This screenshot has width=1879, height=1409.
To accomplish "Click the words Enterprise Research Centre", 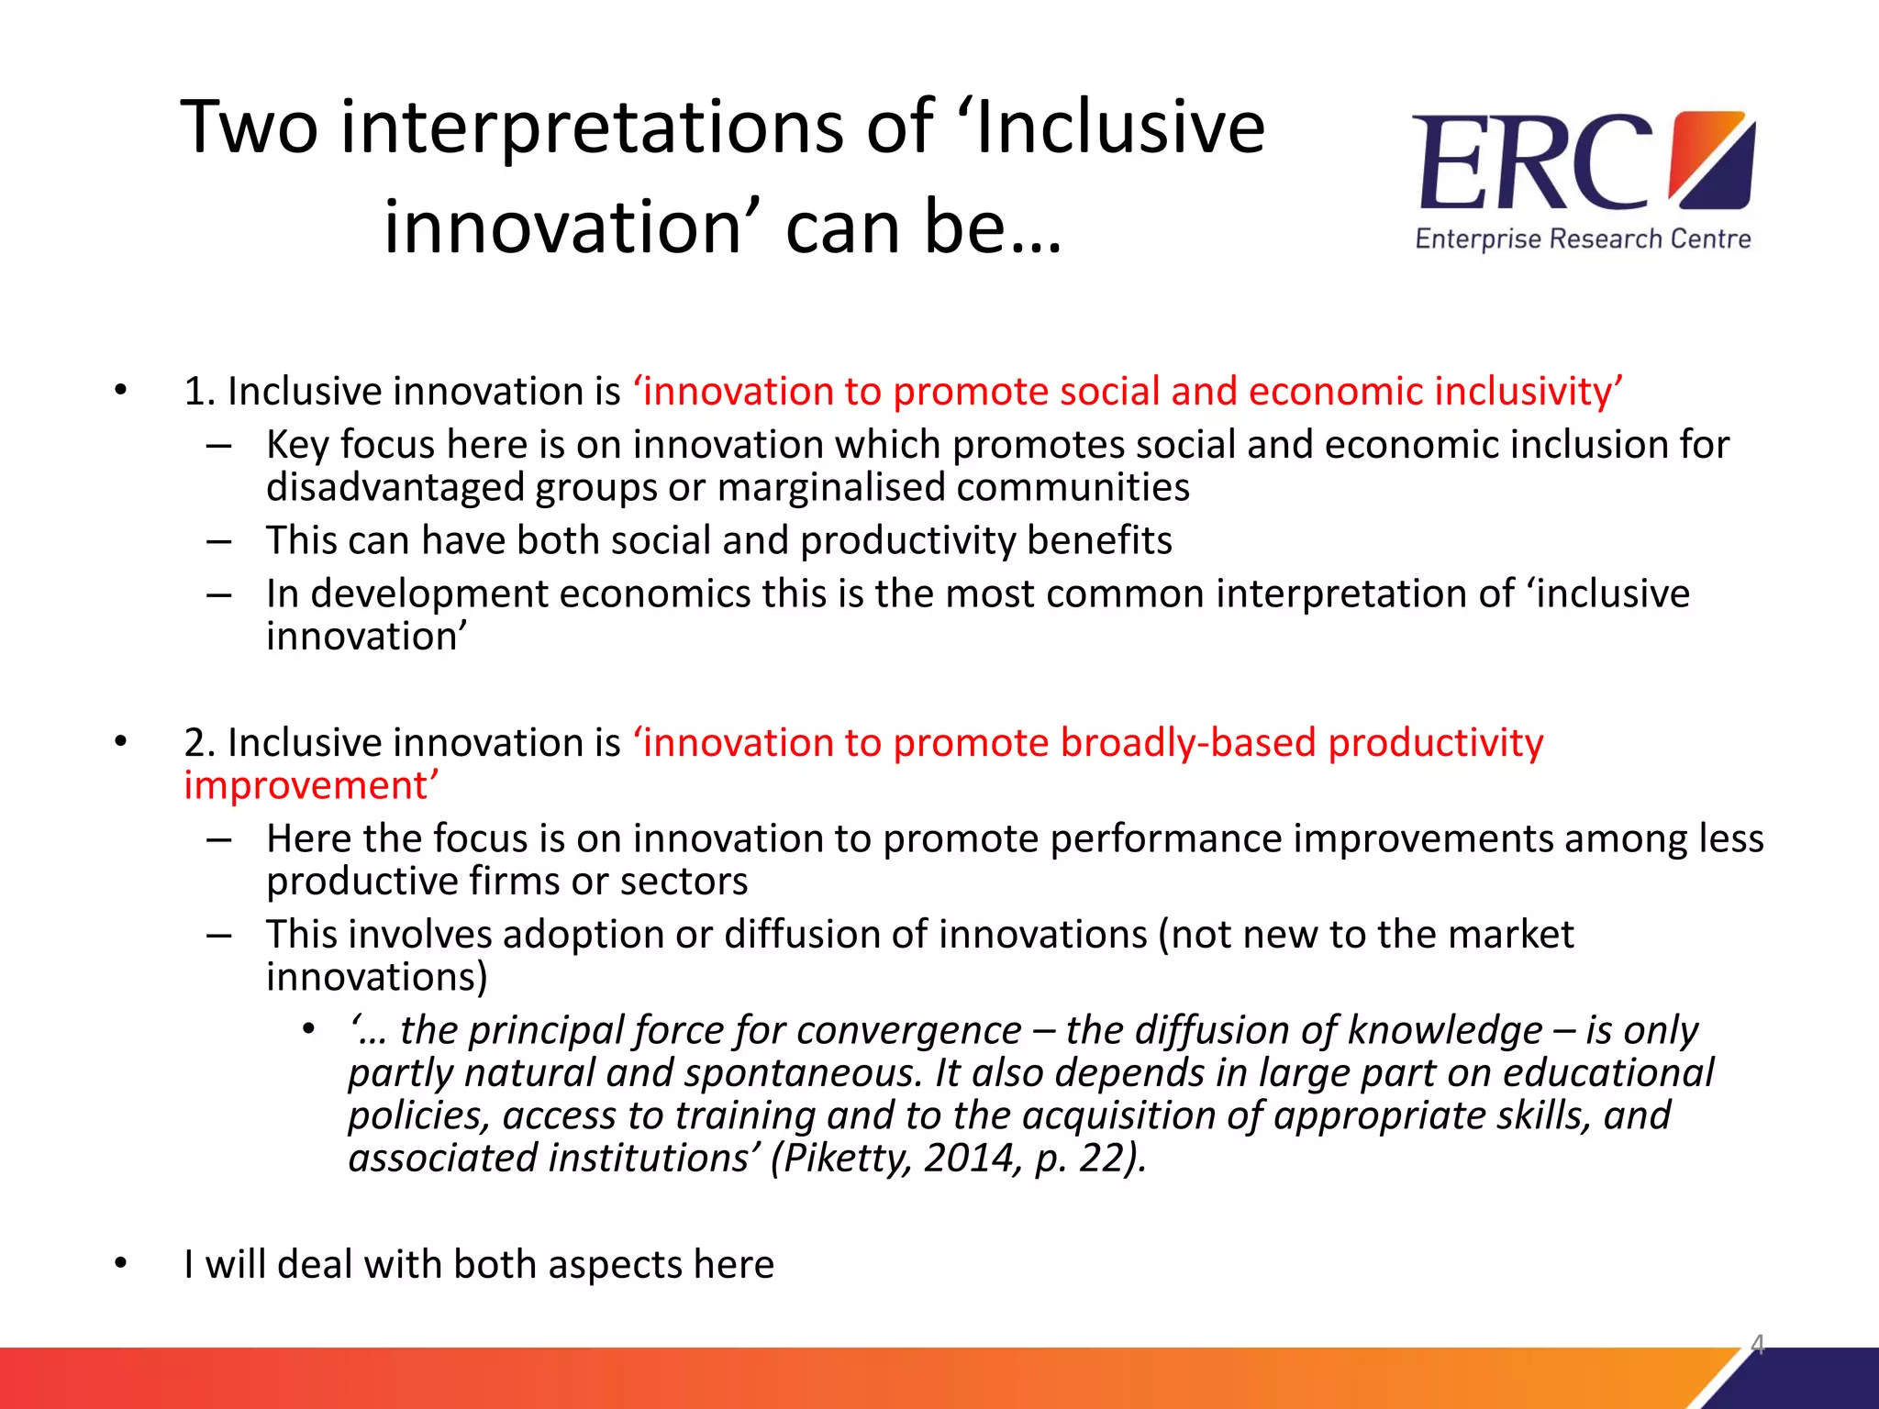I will tap(1583, 239).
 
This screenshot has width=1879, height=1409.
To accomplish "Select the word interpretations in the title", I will tap(593, 128).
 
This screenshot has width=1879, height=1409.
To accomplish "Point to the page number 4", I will tap(1757, 1344).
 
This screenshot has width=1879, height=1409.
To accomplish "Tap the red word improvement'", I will tap(311, 786).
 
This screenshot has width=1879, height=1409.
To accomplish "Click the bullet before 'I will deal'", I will tap(121, 1264).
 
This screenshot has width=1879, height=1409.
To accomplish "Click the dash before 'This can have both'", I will tap(219, 541).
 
